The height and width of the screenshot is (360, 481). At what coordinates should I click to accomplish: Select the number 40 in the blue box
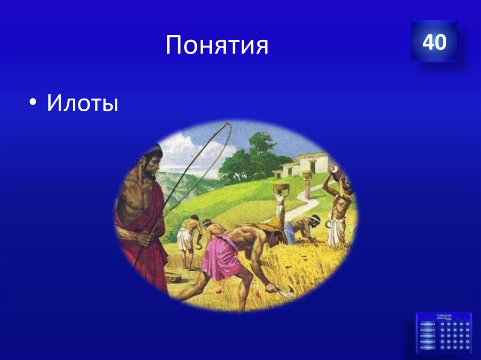[x=434, y=42]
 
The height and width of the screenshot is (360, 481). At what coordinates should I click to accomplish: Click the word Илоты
[x=82, y=103]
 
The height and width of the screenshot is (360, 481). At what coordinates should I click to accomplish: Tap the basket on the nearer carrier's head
[x=281, y=189]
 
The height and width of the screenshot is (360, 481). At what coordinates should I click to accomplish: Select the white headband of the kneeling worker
[x=316, y=219]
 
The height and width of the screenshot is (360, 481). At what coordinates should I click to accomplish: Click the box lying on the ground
[x=174, y=276]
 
